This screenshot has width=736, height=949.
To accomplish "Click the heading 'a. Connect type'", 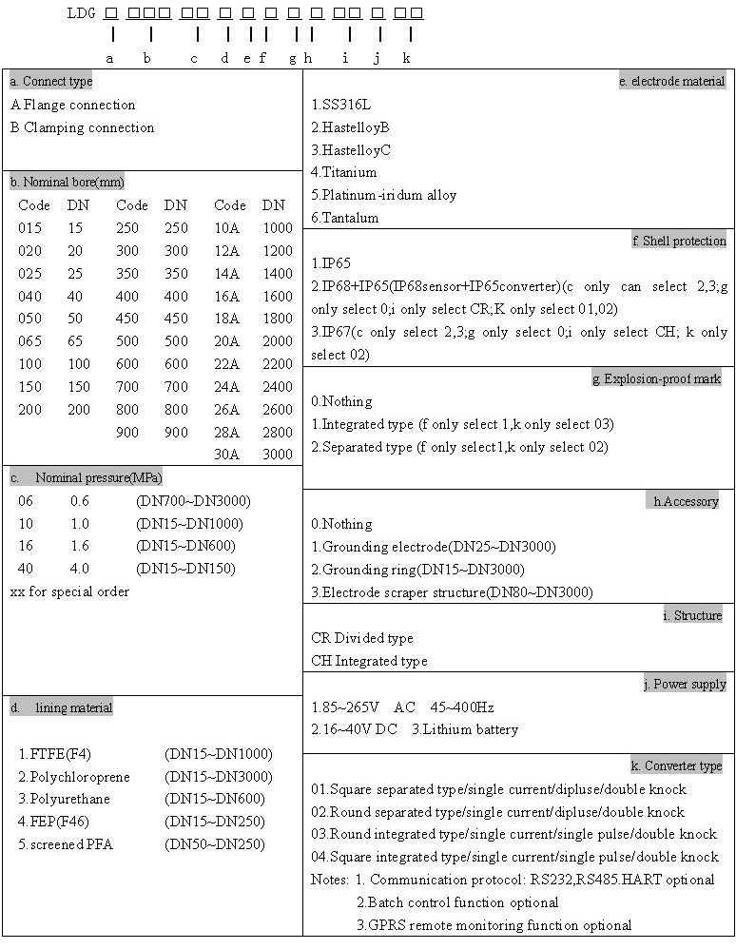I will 51,81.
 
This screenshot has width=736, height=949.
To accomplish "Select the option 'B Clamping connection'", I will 82,127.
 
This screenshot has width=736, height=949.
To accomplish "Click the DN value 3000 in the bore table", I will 278,455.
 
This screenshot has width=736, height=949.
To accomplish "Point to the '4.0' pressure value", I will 80,569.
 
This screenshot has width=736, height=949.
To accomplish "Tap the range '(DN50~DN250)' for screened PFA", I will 215,844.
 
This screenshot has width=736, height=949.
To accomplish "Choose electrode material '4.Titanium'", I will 344,172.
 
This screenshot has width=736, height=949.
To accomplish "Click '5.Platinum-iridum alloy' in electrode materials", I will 384,195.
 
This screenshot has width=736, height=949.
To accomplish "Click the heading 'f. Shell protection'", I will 678,242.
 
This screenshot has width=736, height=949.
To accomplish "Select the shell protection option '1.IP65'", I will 331,263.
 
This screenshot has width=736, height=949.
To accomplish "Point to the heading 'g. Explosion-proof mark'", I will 656,379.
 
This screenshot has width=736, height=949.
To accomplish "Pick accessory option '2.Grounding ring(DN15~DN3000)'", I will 417,570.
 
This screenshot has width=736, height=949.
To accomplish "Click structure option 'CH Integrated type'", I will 369,661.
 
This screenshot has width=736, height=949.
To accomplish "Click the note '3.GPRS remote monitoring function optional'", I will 494,925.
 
